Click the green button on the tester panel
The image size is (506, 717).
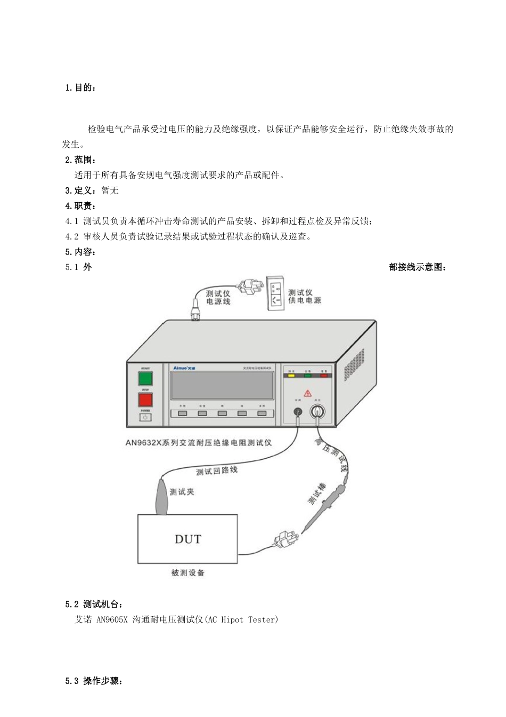click(x=145, y=379)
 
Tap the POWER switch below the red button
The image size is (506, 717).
click(x=145, y=417)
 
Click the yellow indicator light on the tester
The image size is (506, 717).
click(x=291, y=375)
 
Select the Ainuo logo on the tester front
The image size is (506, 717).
click(x=185, y=368)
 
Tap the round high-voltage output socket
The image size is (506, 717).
click(x=318, y=411)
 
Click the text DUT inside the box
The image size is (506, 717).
click(x=188, y=539)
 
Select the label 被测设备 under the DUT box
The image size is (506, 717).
click(x=187, y=573)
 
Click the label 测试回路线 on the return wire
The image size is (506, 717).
click(x=216, y=471)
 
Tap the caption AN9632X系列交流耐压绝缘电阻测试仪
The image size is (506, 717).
click(x=199, y=442)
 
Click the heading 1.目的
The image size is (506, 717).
click(x=80, y=87)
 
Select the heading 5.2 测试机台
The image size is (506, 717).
click(x=94, y=604)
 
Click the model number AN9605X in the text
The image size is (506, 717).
click(x=112, y=620)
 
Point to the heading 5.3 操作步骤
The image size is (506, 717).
click(x=94, y=681)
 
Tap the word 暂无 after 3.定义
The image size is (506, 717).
click(x=110, y=190)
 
